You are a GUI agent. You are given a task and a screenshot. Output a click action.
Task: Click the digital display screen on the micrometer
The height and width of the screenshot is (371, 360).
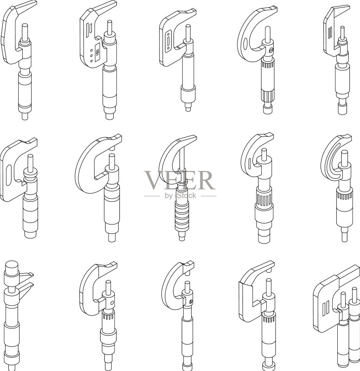pos(97,52)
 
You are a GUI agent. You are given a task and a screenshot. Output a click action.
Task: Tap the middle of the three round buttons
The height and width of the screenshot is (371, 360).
pos(91,56)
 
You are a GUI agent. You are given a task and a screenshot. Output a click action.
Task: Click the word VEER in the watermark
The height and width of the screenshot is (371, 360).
pos(180,180)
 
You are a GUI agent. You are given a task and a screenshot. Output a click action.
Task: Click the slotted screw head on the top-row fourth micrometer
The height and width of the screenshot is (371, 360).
pos(271,50)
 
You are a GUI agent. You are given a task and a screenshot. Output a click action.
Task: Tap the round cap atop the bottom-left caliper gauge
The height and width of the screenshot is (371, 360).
pos(12,266)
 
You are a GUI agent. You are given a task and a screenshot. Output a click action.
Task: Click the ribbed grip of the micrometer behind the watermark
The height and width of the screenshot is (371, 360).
pos(181,217)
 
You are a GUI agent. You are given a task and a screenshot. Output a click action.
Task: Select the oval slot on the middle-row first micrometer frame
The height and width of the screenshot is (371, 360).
pos(8,175)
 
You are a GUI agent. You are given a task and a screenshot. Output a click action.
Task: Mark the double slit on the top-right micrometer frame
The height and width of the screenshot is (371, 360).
pos(330,33)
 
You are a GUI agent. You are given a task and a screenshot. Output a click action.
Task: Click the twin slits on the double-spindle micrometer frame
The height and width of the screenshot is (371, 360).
pos(326,307)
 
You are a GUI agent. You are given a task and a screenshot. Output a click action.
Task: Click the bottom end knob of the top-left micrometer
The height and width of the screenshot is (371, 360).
pos(25,116)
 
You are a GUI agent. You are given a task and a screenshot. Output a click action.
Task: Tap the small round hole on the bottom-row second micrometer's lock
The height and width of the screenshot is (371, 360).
pos(112,303)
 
